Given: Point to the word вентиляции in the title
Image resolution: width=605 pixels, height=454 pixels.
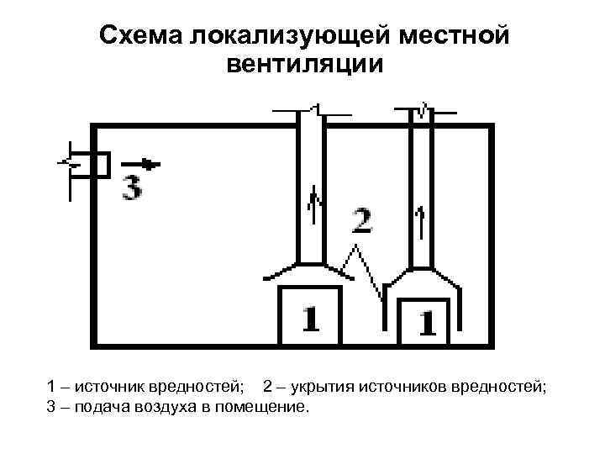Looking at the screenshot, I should pyautogui.click(x=304, y=65).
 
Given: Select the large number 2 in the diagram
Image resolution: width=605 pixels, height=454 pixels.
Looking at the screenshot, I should pyautogui.click(x=361, y=221).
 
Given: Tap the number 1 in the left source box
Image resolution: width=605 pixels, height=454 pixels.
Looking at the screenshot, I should pyautogui.click(x=310, y=319).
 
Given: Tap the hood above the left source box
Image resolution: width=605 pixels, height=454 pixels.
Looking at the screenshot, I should pyautogui.click(x=308, y=270).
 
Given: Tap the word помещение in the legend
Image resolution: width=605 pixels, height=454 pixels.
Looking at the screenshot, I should pyautogui.click(x=266, y=408).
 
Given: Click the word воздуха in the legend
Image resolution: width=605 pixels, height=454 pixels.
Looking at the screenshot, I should pyautogui.click(x=167, y=408).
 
